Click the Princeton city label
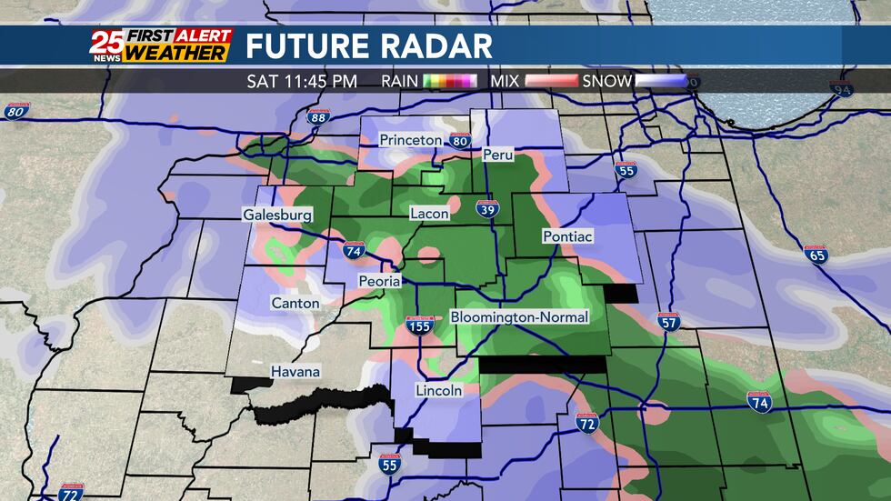[410, 140]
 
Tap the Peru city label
[498, 155]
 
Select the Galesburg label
[277, 215]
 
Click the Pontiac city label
[567, 236]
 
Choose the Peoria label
[379, 281]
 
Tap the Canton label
[295, 302]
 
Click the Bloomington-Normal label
[520, 316]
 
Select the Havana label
[295, 372]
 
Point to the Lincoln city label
[438, 390]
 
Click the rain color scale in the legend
[450, 81]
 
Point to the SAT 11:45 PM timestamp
[302, 81]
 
